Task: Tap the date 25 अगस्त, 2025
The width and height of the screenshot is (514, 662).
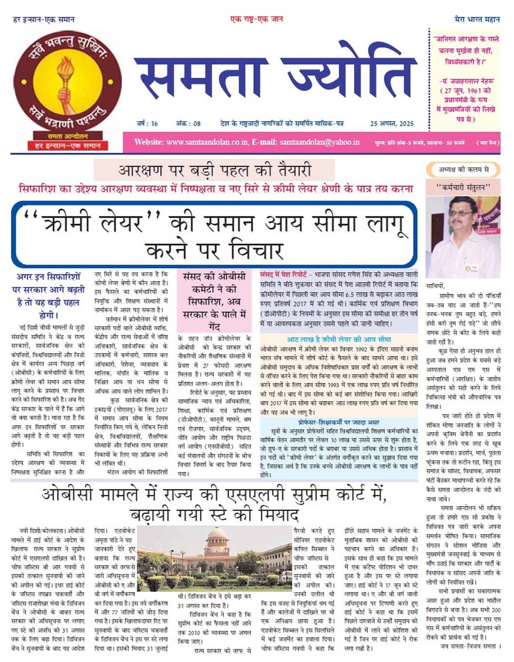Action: (x=391, y=123)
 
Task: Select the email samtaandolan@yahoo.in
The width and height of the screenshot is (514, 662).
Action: (x=319, y=142)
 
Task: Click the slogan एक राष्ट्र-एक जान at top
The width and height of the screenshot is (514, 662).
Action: (x=257, y=19)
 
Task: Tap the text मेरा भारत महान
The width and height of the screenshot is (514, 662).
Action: (x=477, y=19)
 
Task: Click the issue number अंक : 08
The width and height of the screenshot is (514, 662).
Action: (x=188, y=123)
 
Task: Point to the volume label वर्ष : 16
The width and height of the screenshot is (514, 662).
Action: (x=147, y=123)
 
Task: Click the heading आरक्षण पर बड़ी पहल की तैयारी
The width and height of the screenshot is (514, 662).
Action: (x=214, y=170)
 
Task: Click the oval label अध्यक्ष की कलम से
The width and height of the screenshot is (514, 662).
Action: (x=463, y=170)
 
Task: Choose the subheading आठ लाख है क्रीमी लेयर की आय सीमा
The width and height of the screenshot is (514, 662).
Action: (x=339, y=339)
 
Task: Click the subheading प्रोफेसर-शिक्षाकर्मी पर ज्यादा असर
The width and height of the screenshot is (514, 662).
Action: (x=339, y=422)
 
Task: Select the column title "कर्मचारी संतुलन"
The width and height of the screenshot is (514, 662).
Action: (x=463, y=187)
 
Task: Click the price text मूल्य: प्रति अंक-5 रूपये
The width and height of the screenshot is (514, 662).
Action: (x=400, y=143)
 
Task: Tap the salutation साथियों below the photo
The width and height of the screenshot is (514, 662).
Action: (x=435, y=286)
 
